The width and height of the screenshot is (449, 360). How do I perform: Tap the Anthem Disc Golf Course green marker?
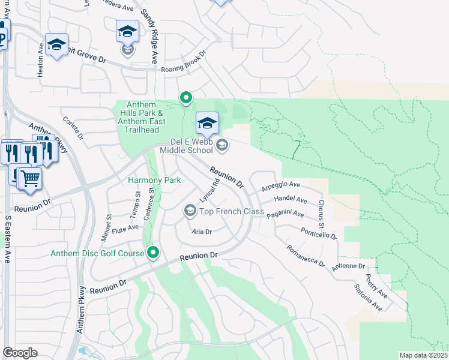point(153,254)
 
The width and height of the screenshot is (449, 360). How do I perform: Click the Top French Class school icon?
point(190,210)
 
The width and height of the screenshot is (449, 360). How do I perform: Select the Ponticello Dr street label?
point(319,233)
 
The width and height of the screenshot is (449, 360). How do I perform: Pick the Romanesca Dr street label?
point(305,256)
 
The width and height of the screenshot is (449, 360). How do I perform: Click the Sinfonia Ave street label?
point(369,298)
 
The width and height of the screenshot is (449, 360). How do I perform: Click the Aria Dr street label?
point(202,232)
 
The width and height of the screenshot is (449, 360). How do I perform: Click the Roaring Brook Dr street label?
point(184,61)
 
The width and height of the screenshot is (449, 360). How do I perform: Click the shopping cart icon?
point(30,178)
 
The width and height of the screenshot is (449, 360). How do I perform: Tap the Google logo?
point(20,353)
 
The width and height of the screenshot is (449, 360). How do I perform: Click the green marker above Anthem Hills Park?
point(186,97)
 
